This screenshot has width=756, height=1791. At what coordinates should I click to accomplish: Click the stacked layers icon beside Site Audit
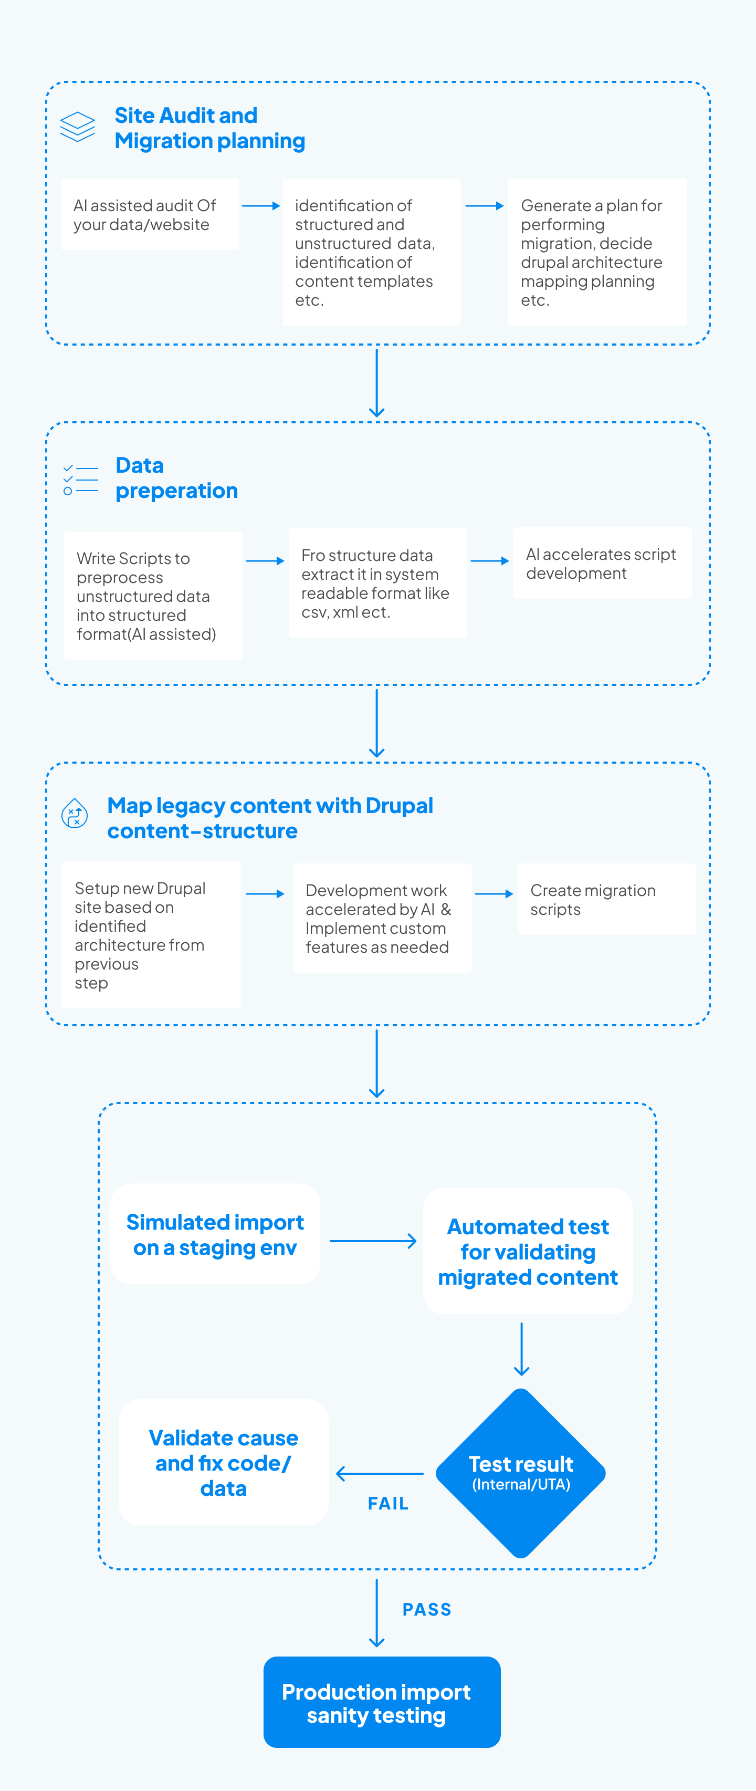77,127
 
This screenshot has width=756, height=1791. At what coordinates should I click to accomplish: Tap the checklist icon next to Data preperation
80,480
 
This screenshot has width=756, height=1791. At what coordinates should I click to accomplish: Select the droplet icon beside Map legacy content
75,813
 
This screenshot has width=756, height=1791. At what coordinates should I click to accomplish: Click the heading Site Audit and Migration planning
209,128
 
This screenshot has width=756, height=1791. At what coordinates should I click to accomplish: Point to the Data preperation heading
176,477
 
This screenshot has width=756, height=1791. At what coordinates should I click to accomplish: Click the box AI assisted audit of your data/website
150,215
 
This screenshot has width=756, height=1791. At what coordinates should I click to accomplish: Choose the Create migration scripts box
606,900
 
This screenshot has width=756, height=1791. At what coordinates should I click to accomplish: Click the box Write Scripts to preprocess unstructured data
153,596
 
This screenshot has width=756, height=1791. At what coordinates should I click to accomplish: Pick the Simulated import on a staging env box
215,1234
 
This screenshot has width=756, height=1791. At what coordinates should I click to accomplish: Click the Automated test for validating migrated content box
528,1252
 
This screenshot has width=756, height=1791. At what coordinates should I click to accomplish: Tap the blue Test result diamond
520,1473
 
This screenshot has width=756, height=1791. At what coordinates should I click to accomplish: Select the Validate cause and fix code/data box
223,1462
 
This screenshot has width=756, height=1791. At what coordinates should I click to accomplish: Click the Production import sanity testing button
382,1702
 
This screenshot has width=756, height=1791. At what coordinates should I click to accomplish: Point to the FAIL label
388,1503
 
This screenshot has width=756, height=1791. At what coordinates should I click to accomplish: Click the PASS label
427,1609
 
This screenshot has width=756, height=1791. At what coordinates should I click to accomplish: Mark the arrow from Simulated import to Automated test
372,1241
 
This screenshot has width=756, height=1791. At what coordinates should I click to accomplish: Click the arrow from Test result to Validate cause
380,1473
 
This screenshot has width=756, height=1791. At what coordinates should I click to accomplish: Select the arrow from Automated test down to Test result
521,1349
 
